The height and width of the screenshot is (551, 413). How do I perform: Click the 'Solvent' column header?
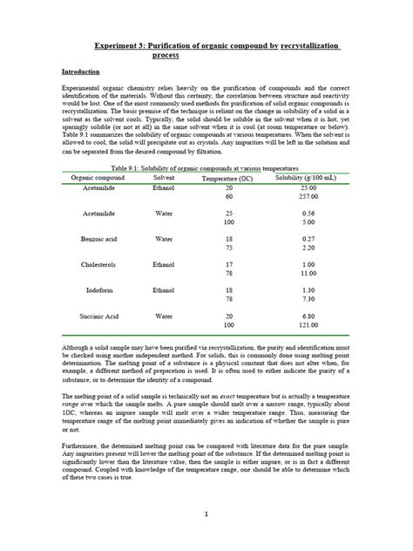click(x=164, y=177)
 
